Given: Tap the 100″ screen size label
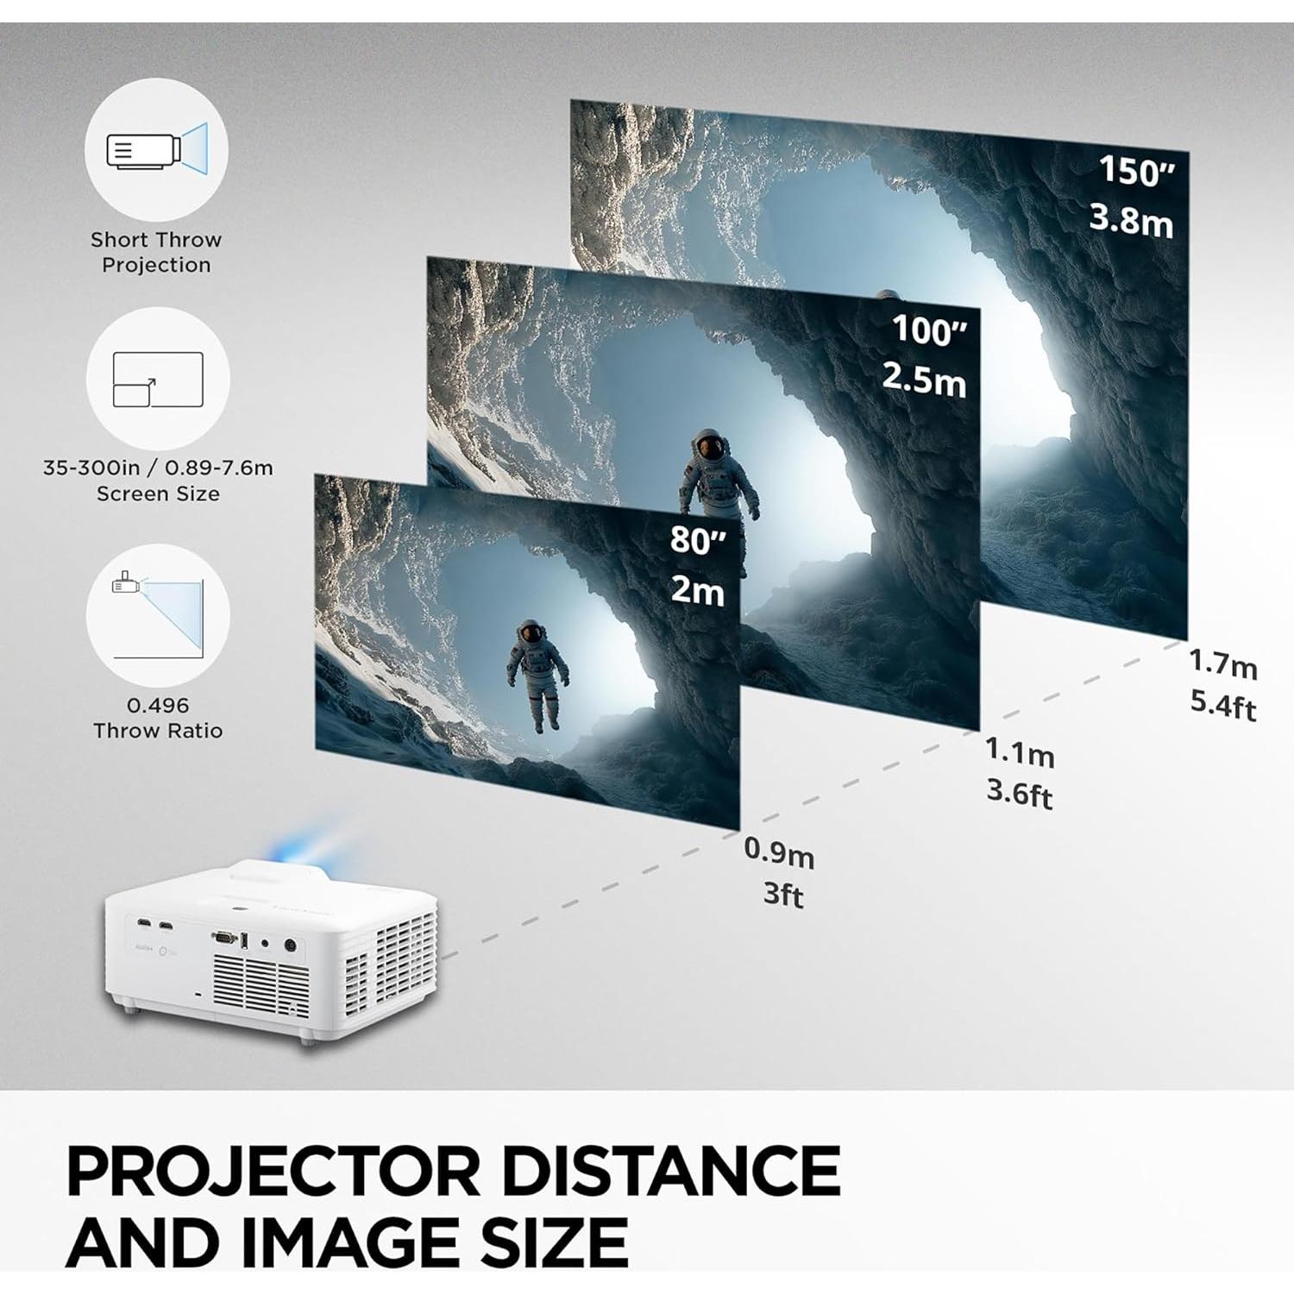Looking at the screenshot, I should [929, 330].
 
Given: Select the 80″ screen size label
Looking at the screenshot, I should [698, 541].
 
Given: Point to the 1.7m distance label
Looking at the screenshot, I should [1222, 664].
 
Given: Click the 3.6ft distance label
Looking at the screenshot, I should [1019, 793].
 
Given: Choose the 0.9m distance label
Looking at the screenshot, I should [778, 853].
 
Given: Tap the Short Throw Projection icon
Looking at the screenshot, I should [156, 150].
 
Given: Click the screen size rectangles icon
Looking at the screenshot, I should [158, 379].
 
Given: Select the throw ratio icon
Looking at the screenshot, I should [158, 614].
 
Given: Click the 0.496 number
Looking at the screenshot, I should [158, 706].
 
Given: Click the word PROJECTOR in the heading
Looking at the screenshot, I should [273, 1172].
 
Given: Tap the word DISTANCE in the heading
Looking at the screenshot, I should [670, 1172].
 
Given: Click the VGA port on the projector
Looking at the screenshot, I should [224, 937].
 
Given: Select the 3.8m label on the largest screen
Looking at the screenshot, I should [1131, 221].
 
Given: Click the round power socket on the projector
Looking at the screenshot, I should [290, 945].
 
